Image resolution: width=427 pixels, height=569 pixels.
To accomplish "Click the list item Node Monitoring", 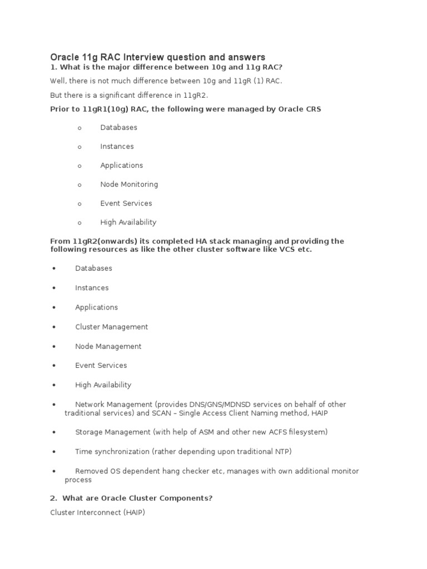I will click(x=129, y=184).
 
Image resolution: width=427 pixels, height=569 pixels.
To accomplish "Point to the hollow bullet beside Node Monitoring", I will click(x=80, y=185).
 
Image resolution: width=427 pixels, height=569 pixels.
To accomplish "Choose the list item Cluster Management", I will click(x=112, y=327).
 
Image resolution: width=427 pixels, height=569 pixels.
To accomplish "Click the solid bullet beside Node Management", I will click(x=54, y=347).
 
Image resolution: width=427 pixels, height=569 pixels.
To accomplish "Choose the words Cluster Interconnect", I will click(x=81, y=512).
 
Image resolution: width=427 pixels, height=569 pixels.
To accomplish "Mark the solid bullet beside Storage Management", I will click(x=54, y=432).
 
